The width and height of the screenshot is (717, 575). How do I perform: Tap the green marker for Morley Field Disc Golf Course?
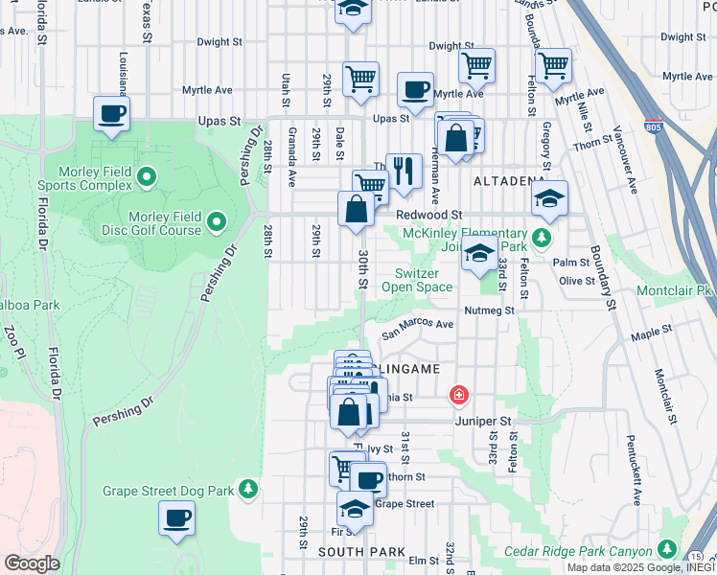click(x=216, y=223)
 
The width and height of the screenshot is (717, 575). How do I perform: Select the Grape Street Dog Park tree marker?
click(x=248, y=490)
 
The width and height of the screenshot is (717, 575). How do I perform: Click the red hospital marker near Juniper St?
click(x=459, y=395)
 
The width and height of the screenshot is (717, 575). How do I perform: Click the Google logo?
click(x=32, y=563)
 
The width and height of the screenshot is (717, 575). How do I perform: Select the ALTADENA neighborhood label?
click(x=508, y=180)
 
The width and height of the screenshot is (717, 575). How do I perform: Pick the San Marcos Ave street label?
click(x=418, y=330)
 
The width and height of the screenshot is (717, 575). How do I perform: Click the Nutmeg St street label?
click(x=489, y=310)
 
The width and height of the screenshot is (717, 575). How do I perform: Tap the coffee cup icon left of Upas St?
click(x=112, y=113)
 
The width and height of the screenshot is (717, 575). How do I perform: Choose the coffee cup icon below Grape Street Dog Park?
click(x=177, y=517)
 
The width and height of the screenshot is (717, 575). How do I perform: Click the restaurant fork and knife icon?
click(x=405, y=171)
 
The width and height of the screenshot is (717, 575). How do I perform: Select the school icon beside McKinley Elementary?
click(x=478, y=255)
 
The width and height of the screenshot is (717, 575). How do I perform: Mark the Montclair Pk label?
click(x=676, y=289)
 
